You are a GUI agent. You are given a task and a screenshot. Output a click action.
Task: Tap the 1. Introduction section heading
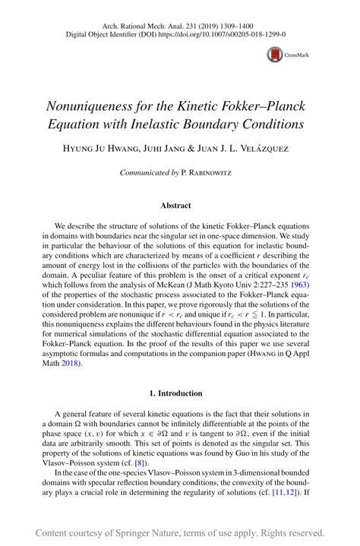click(x=180, y=393)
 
